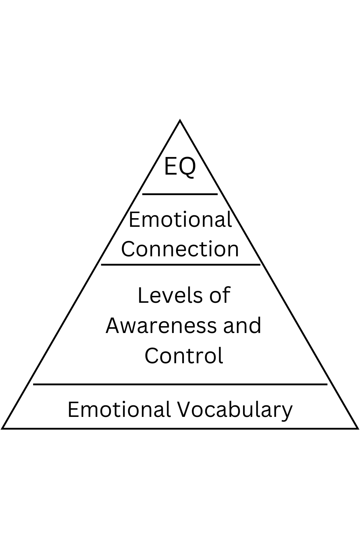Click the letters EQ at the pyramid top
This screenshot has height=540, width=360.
pyautogui.click(x=180, y=166)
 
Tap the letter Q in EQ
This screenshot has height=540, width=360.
pyautogui.click(x=188, y=167)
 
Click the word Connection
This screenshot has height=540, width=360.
pyautogui.click(x=180, y=249)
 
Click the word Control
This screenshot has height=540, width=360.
pyautogui.click(x=184, y=355)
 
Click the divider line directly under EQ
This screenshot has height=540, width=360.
pyautogui.click(x=180, y=194)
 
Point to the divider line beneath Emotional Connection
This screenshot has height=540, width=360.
pyautogui.click(x=180, y=265)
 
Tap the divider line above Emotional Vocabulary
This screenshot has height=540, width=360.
pyautogui.click(x=180, y=384)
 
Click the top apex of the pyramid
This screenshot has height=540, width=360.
pyautogui.click(x=180, y=121)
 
